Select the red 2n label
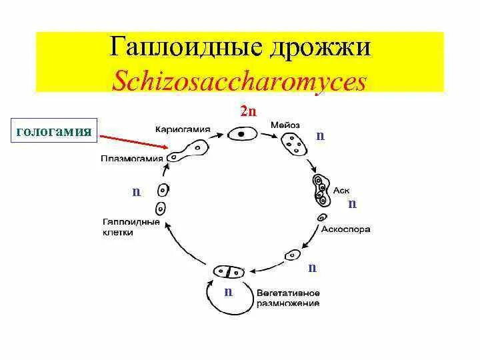(x=248, y=111)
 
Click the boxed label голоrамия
(x=54, y=131)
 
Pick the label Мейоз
(x=285, y=125)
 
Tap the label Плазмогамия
(x=130, y=159)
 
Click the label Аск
(x=341, y=191)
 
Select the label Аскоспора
(x=345, y=229)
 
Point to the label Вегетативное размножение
(x=288, y=298)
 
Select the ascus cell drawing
(x=321, y=190)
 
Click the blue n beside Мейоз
(x=320, y=135)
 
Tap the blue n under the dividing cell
(x=228, y=291)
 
